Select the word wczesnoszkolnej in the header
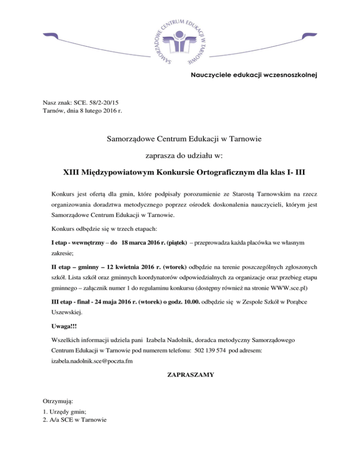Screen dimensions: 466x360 287,75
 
